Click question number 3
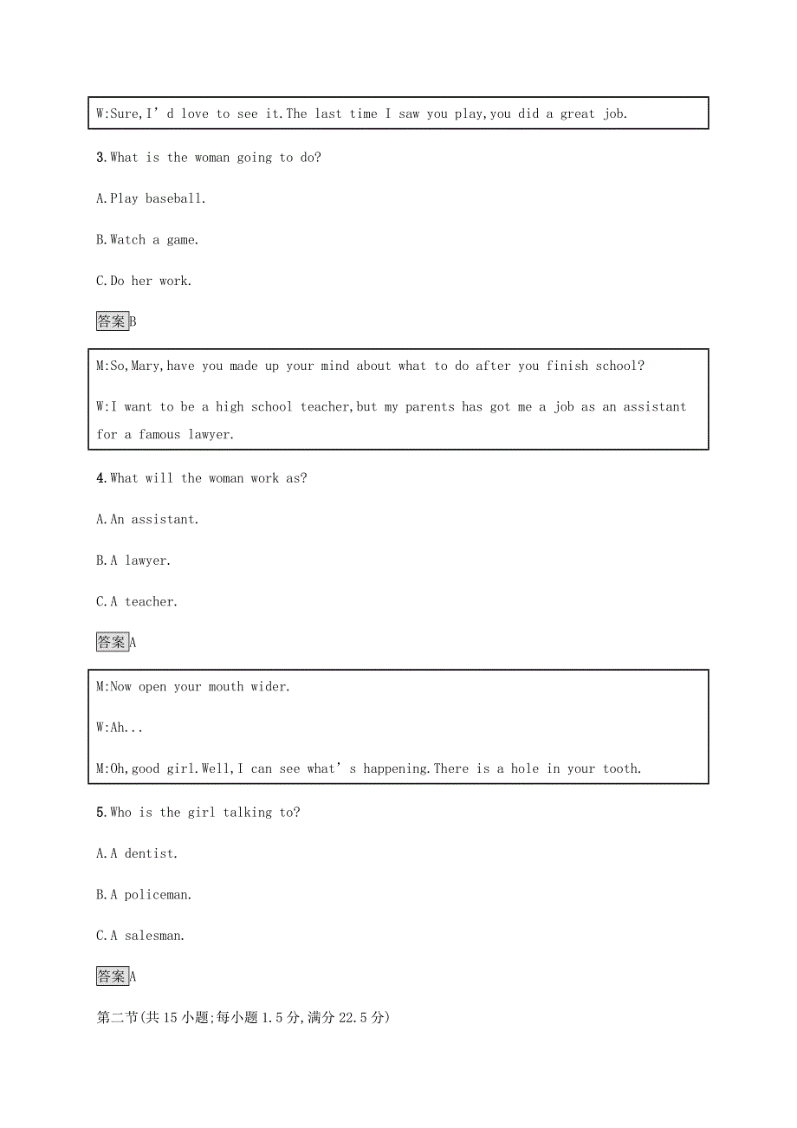[100, 158]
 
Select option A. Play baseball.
[150, 198]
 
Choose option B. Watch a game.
[146, 240]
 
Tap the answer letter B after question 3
[133, 322]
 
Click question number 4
[100, 478]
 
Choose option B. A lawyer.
[133, 561]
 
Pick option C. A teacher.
[136, 602]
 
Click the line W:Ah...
[120, 728]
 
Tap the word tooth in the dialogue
[621, 768]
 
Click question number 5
[100, 813]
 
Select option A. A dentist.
[137, 853]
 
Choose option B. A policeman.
[144, 895]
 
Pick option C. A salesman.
[140, 936]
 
